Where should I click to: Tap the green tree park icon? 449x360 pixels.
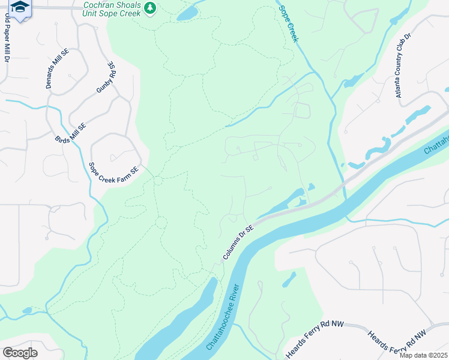pos(150,8)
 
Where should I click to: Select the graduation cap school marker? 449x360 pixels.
pos(20,8)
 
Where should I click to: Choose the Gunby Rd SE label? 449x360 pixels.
pos(106,77)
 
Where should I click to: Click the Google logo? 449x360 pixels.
pos(20,353)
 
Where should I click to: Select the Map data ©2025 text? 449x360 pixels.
pos(423,355)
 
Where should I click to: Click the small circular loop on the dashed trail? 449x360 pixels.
pos(160,223)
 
